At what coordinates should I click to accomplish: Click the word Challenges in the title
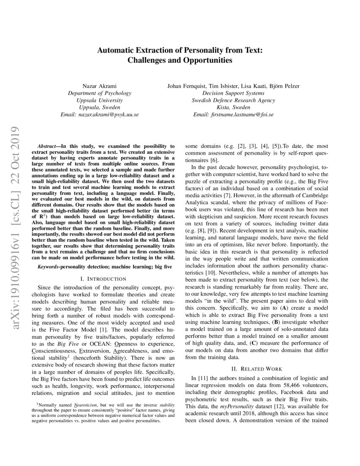click(147, 60)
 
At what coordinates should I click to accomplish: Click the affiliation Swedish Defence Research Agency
click(233, 100)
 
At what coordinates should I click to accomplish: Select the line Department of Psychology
click(100, 93)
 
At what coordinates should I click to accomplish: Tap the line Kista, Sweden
click(233, 108)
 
